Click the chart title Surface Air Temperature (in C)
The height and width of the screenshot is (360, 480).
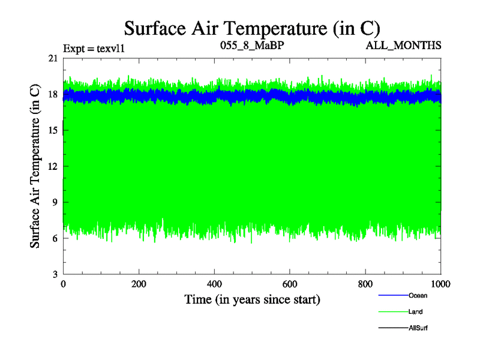coord(252,28)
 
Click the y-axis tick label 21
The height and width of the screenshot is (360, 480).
coord(53,58)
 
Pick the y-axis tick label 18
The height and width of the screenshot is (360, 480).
coord(53,94)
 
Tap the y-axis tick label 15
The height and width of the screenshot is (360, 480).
coord(53,130)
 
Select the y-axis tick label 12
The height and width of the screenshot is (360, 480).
coord(53,166)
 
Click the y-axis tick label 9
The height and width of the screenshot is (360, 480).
coord(55,202)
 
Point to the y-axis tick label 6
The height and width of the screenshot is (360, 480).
coord(55,238)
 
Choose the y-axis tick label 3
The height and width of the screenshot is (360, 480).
coord(55,274)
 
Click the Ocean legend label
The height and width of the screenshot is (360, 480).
coord(418,296)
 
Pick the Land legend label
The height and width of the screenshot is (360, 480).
coord(415,312)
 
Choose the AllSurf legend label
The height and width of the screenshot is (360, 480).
coord(418,328)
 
